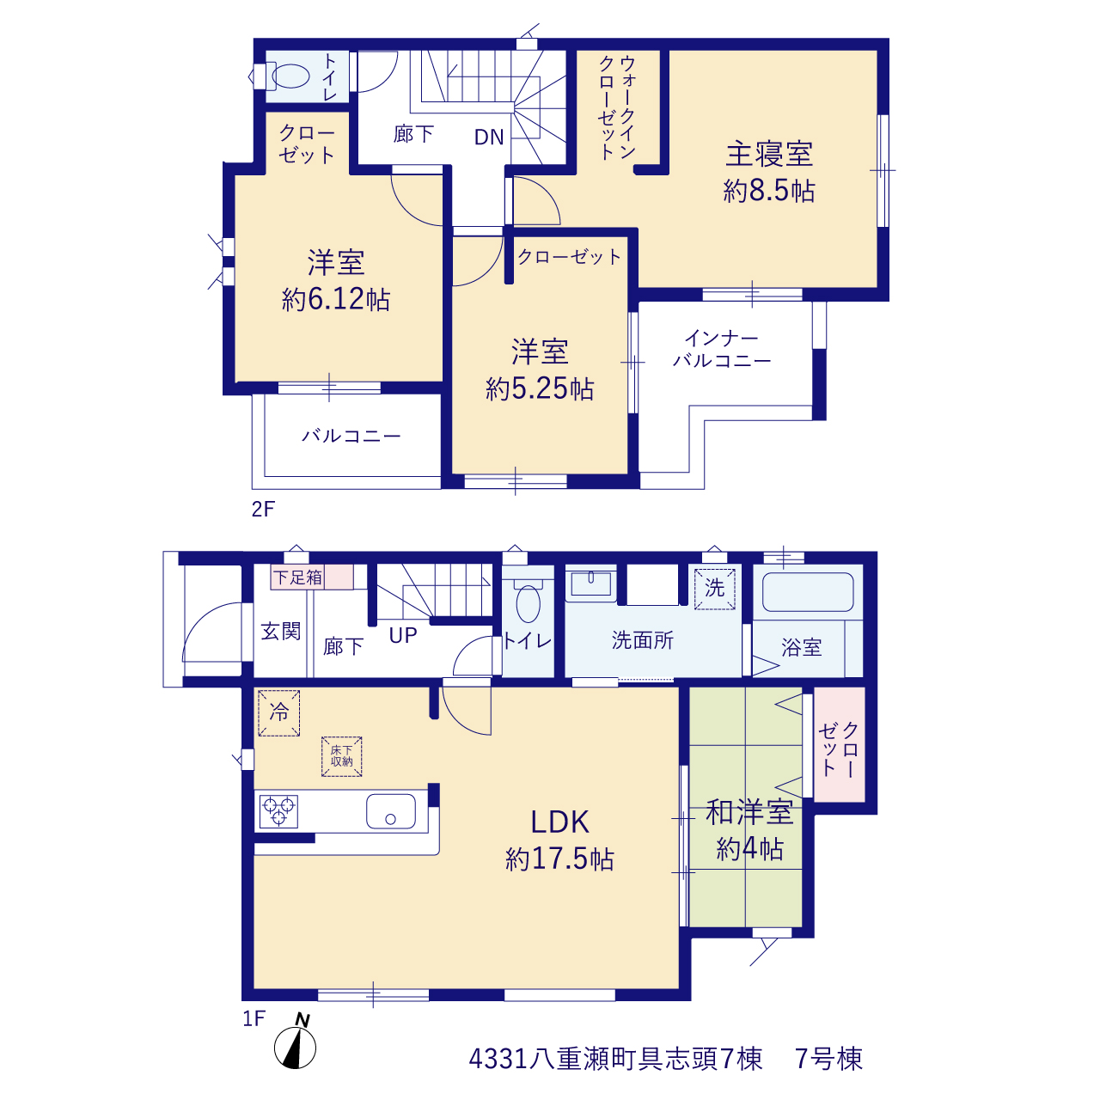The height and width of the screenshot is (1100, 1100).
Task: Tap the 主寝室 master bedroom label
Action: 769,154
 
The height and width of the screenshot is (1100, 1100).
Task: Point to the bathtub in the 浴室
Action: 808,592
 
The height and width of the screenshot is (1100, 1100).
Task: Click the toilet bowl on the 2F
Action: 290,76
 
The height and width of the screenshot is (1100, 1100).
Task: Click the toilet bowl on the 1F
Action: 528,603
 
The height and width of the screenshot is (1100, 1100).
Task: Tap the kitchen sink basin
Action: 390,810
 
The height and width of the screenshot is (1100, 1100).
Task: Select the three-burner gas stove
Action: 278,811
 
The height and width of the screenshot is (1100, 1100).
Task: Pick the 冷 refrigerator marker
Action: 279,713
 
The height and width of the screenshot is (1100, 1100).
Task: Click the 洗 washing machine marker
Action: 714,589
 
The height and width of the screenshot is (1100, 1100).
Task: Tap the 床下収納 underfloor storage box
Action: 341,756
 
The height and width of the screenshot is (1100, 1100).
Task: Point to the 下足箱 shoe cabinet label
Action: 297,577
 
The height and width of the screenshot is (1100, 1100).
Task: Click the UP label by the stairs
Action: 403,635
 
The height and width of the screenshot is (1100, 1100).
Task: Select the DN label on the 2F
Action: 489,137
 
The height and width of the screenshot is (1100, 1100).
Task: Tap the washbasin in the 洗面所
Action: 590,584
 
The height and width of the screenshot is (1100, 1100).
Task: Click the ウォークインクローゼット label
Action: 617,108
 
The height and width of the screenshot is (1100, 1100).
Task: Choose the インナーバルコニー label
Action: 722,350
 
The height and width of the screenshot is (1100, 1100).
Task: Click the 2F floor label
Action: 263,509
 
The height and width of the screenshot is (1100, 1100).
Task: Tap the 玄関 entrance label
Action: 281,632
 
